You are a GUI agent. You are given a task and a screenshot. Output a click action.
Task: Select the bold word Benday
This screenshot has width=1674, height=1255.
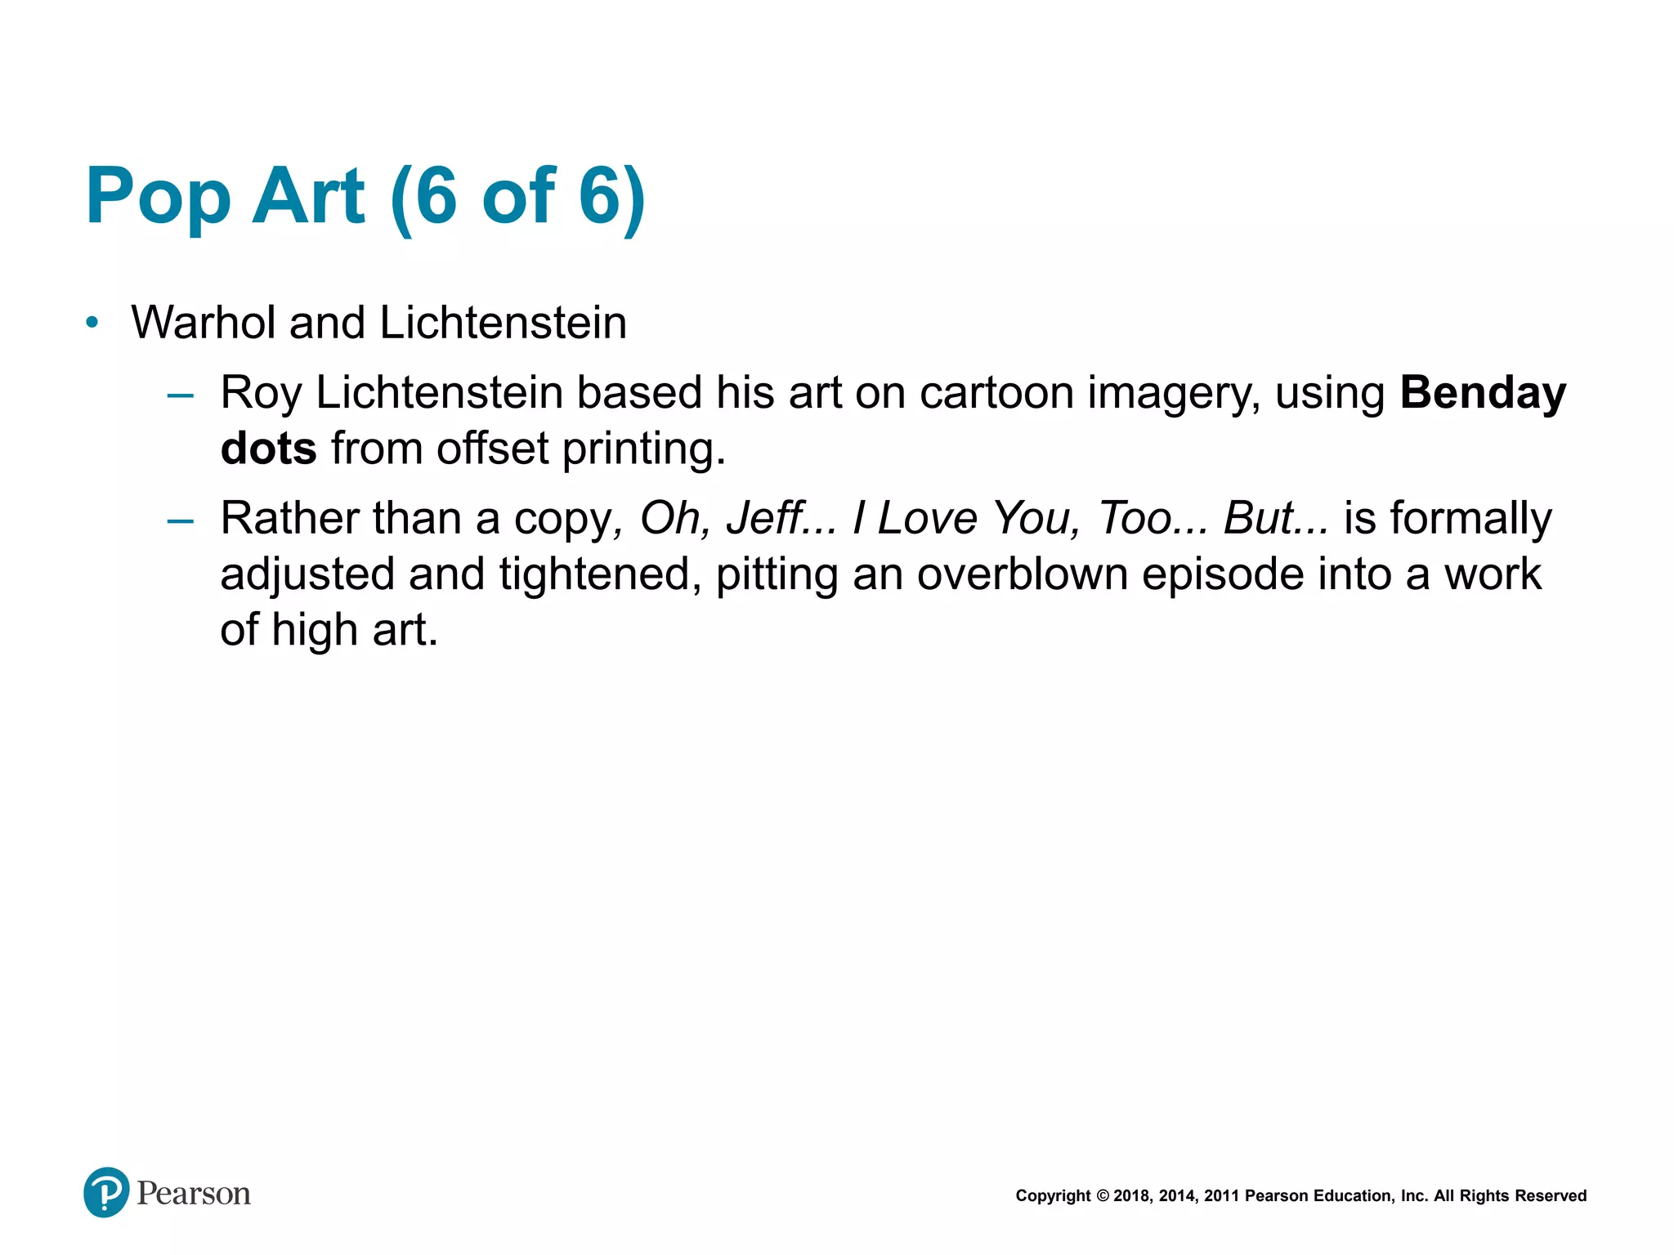click(1483, 394)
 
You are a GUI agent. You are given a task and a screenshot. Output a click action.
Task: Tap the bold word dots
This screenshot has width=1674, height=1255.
click(268, 449)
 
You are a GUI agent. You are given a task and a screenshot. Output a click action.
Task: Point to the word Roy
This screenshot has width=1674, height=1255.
click(261, 394)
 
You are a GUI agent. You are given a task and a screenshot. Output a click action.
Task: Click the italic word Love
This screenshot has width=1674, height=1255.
click(927, 518)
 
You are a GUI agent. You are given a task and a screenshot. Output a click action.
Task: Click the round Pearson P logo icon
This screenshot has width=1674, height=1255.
click(106, 1192)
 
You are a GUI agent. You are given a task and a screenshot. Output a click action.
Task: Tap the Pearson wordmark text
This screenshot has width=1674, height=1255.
click(194, 1194)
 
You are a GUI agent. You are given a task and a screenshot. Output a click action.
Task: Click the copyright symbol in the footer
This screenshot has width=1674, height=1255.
click(1102, 1196)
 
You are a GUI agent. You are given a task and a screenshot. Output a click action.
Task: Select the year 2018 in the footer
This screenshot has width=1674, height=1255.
click(1131, 1196)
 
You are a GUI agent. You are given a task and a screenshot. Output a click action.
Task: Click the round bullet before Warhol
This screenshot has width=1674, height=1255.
click(92, 323)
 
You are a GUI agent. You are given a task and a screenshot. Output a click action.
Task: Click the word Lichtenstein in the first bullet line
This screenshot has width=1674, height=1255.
click(503, 323)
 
